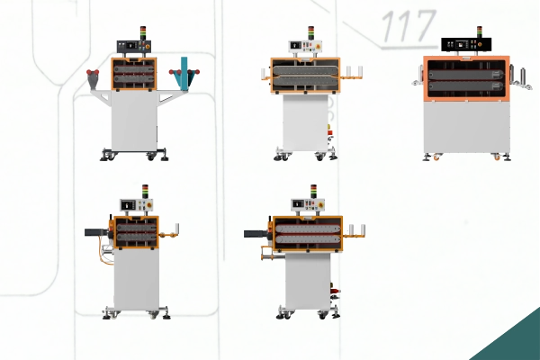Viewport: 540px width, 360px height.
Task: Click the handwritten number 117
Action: coord(409,25)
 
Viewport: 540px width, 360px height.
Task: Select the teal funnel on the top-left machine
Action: coord(184,74)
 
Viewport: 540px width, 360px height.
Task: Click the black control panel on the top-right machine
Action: coord(466,44)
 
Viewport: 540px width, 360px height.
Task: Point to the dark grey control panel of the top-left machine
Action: coord(134,47)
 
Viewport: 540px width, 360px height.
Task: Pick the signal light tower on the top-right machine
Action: coord(480,31)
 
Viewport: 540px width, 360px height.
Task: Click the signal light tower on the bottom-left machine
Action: coord(145,192)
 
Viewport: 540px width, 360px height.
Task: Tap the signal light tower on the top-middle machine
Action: coord(311,33)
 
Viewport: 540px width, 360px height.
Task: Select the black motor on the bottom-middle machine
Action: coord(256,234)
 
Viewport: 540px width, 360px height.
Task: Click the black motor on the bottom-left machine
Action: coord(97,232)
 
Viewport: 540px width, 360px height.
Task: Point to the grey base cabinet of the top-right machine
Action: coord(466,128)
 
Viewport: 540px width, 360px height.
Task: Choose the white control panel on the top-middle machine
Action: coord(305,46)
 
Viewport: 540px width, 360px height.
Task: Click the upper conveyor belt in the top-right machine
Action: coord(465,75)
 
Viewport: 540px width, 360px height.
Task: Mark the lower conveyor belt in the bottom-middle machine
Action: coord(308,239)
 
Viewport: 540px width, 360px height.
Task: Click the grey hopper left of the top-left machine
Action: coord(94,81)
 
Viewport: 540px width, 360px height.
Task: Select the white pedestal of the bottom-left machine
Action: coord(137,279)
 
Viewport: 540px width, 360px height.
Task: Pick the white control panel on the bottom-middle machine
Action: coord(308,204)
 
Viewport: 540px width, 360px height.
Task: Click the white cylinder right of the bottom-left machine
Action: coord(177,228)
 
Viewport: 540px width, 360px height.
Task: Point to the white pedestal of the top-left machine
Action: coord(134,121)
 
